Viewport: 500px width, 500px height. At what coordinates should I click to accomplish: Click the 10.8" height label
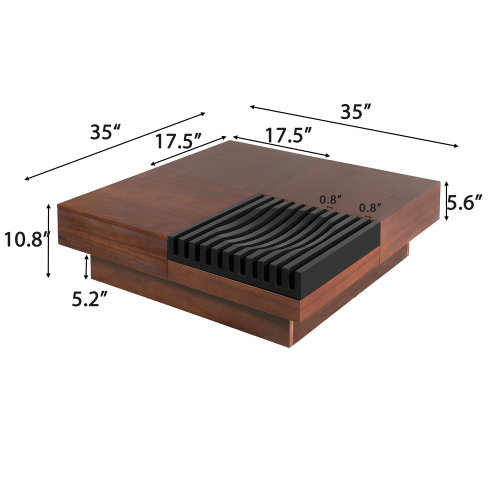click(25, 241)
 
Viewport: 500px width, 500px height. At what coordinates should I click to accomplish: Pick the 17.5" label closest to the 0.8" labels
click(286, 133)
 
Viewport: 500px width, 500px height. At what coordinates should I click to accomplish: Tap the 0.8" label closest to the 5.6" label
click(370, 208)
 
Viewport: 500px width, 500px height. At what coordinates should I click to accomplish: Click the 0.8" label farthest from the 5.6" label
click(329, 199)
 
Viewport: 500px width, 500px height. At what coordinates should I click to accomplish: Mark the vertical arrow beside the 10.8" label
click(48, 241)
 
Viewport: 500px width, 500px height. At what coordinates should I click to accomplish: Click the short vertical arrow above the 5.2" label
click(88, 267)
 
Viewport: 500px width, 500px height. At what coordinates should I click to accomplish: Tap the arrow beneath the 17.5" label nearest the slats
click(282, 146)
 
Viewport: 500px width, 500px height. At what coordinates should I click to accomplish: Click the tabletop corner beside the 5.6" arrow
click(437, 181)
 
